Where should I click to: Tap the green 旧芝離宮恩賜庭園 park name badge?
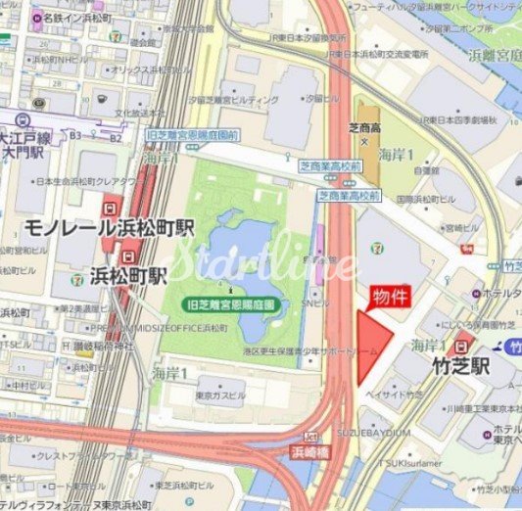click(232, 304)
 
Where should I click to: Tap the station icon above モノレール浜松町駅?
click(111, 207)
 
